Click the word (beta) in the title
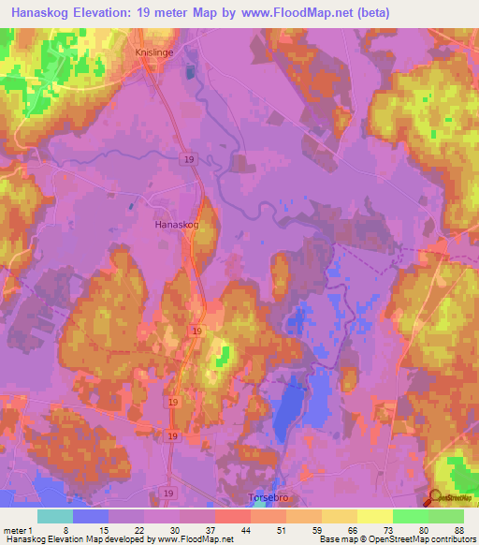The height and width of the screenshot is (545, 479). (x=367, y=13)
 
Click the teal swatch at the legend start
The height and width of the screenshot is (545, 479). (x=55, y=516)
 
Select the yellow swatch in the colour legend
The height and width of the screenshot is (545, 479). (x=374, y=516)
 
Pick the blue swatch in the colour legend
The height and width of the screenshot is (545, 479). (x=91, y=516)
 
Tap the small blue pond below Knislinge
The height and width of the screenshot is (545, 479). (x=191, y=72)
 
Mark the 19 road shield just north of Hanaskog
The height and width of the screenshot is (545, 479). (x=190, y=160)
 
